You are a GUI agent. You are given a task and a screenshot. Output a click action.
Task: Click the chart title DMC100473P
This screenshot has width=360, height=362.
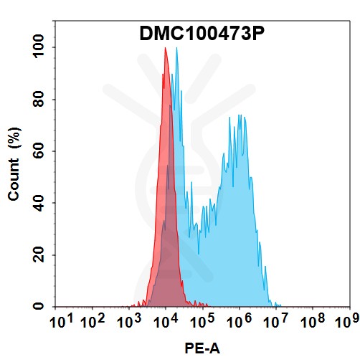(203, 34)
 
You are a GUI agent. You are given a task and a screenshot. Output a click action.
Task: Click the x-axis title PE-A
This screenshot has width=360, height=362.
(204, 349)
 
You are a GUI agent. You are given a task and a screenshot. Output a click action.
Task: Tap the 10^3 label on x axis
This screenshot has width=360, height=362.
(131, 323)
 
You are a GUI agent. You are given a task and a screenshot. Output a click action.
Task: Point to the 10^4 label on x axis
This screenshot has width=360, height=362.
(166, 323)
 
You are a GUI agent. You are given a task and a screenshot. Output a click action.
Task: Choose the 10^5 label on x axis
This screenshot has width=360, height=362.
(203, 323)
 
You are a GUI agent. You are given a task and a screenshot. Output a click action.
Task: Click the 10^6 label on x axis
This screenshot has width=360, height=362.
(239, 323)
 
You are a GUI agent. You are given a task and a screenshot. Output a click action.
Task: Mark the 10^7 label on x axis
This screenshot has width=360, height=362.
(275, 323)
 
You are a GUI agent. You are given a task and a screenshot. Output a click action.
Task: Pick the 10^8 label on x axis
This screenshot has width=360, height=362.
(311, 323)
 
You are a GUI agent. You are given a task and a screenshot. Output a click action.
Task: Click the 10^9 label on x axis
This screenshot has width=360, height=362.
(347, 323)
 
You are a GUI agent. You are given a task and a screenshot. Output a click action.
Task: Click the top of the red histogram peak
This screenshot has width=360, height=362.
(166, 49)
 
